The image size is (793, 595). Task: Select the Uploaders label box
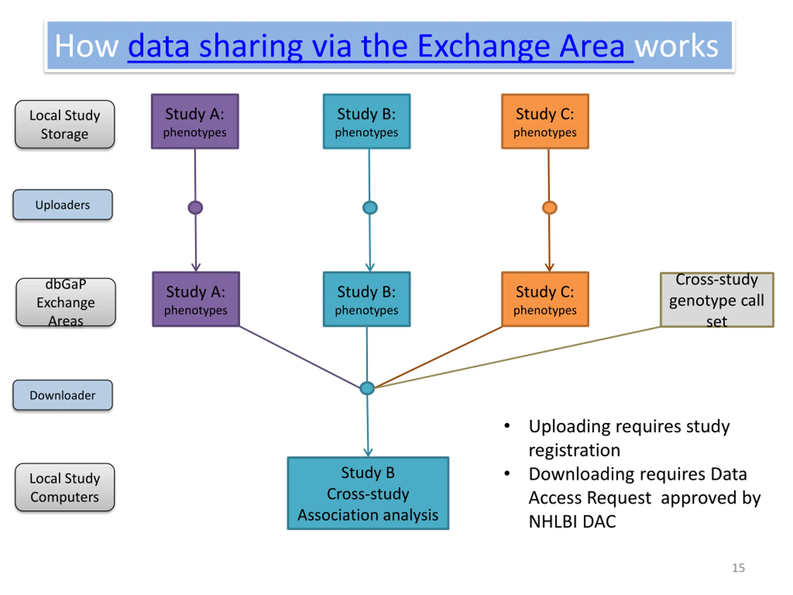pos(63,205)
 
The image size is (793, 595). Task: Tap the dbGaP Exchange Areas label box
pos(66,302)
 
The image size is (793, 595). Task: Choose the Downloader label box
pos(63,395)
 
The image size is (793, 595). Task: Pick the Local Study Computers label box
pos(65,487)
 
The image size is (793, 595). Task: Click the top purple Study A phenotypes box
pos(195,121)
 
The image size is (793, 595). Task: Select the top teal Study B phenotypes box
pos(367,121)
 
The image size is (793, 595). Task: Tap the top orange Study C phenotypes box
pos(545,121)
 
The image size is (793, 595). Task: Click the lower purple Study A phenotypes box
pos(196,299)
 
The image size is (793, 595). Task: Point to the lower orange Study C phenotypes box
pos(545,299)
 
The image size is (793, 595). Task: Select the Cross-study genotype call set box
pos(717,300)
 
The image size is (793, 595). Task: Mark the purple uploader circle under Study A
pos(195,208)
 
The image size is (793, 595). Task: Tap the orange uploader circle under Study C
pos(550,208)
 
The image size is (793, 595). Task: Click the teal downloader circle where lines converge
pos(367,388)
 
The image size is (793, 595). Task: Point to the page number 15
pos(738,568)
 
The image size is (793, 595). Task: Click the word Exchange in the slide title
pos(484,46)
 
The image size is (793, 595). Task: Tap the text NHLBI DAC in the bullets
pos(572,521)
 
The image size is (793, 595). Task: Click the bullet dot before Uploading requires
pos(507,426)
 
